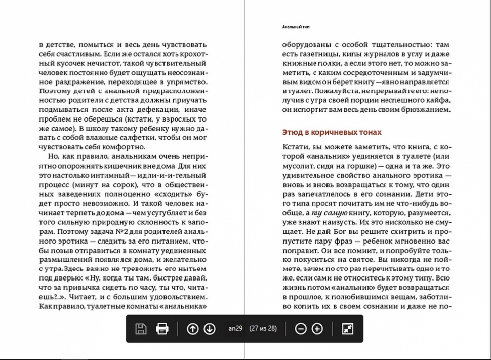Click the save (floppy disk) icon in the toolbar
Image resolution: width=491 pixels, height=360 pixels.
point(141,329)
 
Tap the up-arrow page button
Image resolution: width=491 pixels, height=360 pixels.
point(192,329)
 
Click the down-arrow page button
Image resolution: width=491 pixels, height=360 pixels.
point(210,329)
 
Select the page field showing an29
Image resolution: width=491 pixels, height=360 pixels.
point(236,328)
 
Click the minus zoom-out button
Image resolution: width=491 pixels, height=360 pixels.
point(301,329)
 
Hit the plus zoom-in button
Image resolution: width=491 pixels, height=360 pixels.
point(317,329)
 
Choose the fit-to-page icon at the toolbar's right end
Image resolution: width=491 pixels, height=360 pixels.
point(348,329)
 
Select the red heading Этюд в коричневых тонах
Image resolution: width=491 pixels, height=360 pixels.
point(332,132)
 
